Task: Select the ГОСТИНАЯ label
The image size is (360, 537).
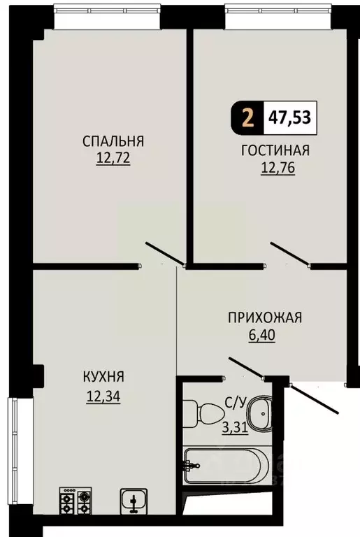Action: [275, 151]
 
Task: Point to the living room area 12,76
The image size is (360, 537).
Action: [277, 168]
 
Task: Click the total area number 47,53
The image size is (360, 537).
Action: [289, 115]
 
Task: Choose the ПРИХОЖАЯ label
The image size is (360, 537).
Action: [264, 318]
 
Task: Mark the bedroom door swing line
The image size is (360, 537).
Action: [165, 254]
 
